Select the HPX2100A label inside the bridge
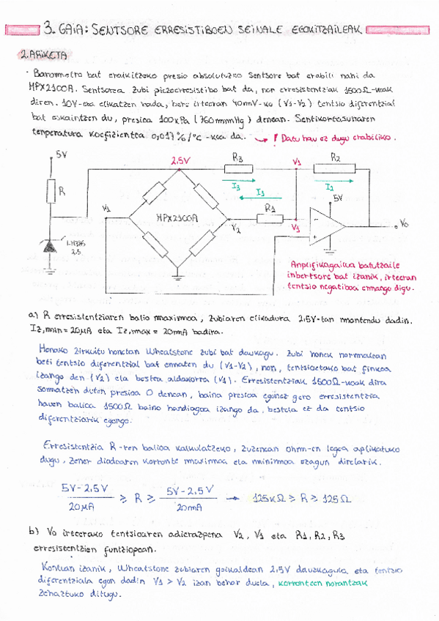click(176, 217)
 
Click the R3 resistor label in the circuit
click(237, 157)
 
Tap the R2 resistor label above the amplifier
click(335, 157)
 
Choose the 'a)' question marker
click(54, 316)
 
